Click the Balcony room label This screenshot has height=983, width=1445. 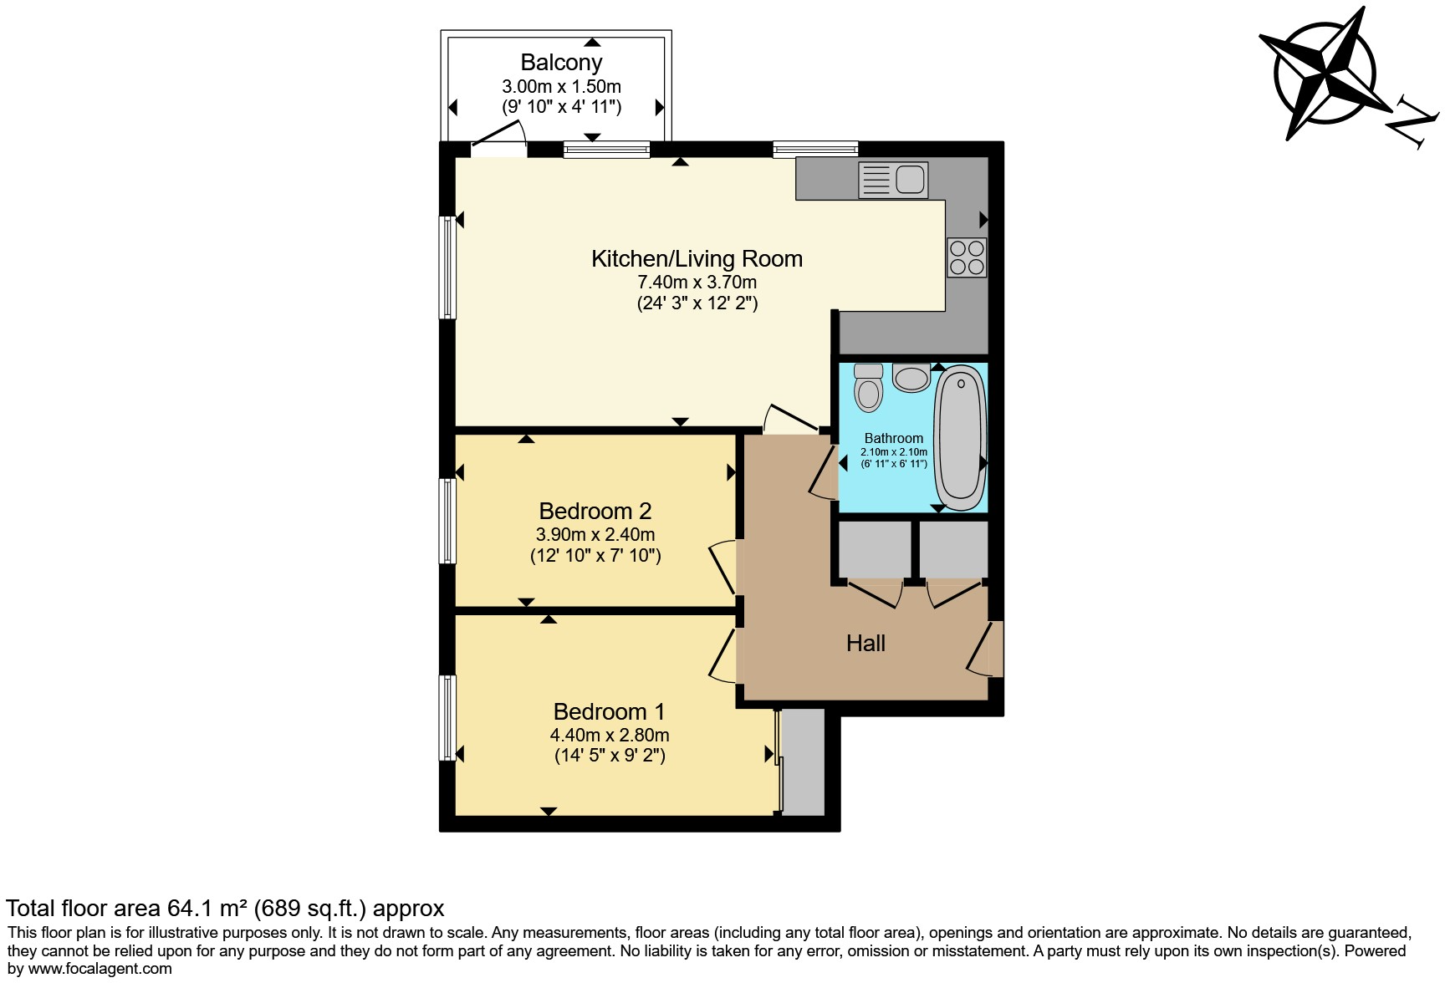click(x=561, y=63)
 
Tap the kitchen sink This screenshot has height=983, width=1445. click(x=893, y=180)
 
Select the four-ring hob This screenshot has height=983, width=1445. click(x=967, y=257)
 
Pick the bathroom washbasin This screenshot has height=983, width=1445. click(x=911, y=378)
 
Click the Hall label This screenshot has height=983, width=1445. click(x=865, y=643)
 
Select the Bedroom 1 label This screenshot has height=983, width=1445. click(x=609, y=711)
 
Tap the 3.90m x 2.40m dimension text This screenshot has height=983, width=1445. click(x=595, y=534)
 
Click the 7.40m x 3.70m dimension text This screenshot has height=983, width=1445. click(x=697, y=282)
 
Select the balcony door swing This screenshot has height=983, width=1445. click(x=499, y=138)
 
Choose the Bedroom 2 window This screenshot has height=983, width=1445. click(x=448, y=520)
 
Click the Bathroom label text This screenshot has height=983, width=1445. click(x=893, y=438)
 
